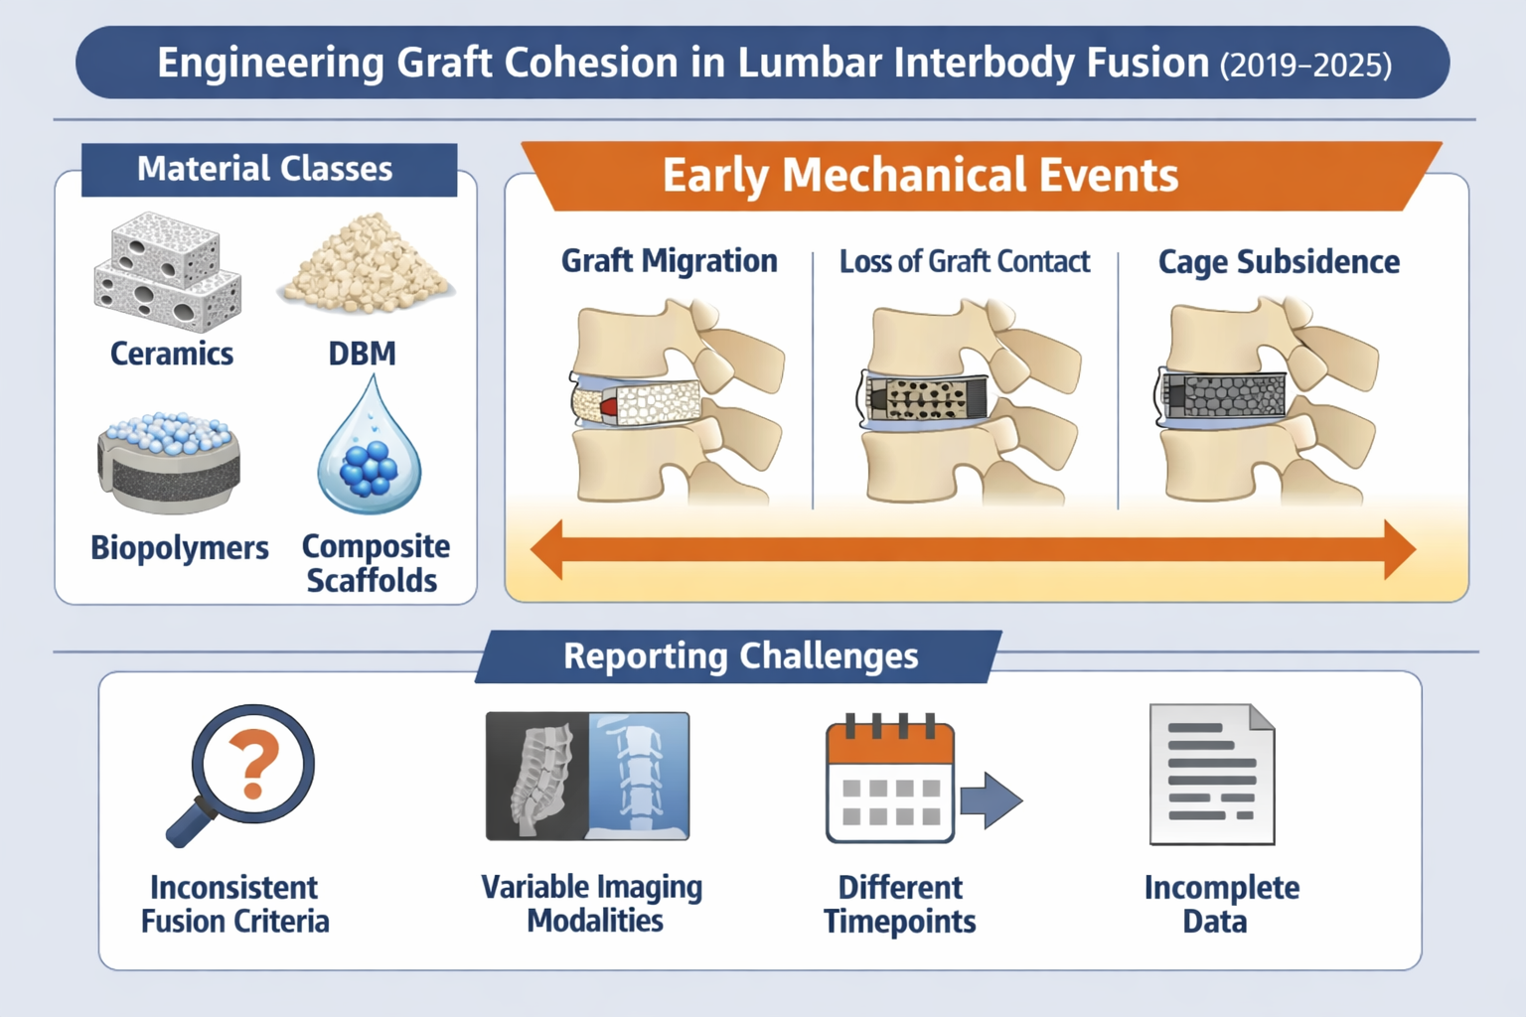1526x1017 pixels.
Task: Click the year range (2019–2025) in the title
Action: pos(1304,66)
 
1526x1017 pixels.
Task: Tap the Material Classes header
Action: pos(265,169)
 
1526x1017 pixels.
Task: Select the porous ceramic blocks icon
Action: pos(167,272)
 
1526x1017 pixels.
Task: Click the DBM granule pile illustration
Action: pos(366,263)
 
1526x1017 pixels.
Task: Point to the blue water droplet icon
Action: pos(370,450)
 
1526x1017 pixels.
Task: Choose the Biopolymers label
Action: pos(180,547)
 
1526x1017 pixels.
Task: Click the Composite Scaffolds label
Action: pos(375,562)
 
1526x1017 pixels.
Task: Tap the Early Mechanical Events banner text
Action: pos(920,176)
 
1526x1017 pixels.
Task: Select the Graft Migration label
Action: pos(669,261)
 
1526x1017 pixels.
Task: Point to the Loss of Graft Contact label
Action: pos(964,261)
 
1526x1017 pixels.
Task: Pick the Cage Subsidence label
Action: pos(1279,262)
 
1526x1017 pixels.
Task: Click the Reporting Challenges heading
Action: pos(740,656)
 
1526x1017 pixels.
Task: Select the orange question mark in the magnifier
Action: pos(254,763)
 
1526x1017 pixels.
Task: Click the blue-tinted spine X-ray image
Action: pos(639,775)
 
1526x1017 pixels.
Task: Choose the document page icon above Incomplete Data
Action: pos(1211,775)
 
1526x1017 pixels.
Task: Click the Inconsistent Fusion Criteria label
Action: pos(234,904)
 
